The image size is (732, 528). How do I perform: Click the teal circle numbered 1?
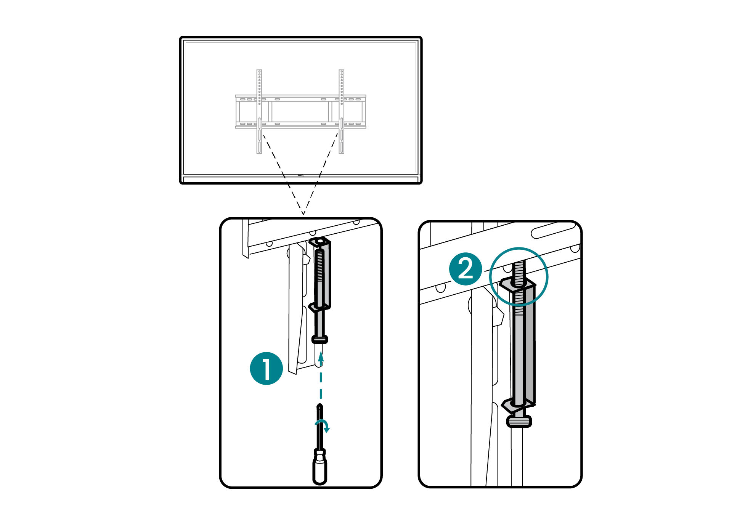[266, 368]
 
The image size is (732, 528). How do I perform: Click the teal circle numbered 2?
[466, 269]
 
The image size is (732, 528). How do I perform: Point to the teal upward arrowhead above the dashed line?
[321, 357]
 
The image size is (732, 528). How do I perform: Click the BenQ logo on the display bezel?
[300, 176]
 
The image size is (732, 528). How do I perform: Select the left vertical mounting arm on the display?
[259, 111]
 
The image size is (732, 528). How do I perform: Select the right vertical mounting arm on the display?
[342, 111]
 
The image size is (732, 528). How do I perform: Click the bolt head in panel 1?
[320, 339]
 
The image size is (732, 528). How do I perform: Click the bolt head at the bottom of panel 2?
[519, 421]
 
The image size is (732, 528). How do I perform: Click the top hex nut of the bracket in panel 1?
[320, 241]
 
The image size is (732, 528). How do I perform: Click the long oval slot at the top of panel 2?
[553, 231]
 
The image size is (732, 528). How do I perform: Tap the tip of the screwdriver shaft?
[320, 406]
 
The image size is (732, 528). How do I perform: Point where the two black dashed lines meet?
[303, 214]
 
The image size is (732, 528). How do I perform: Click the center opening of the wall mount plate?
[300, 111]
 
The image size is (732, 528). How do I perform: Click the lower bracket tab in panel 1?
[315, 307]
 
